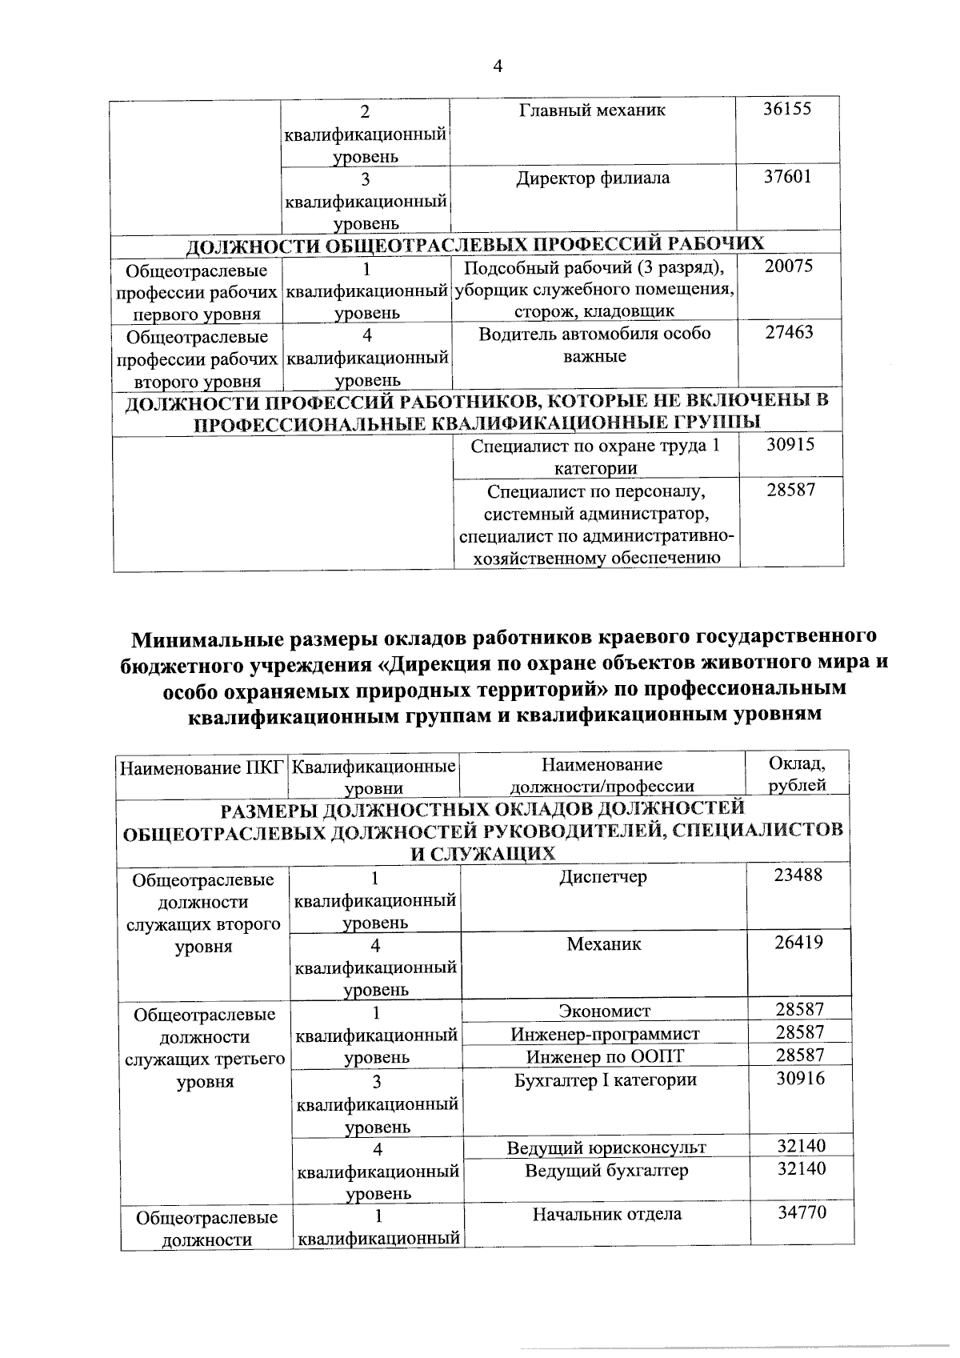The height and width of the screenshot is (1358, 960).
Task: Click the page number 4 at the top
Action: pyautogui.click(x=497, y=67)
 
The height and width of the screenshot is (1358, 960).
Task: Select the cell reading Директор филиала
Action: pyautogui.click(x=593, y=178)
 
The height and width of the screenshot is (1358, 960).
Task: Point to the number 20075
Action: pyautogui.click(x=789, y=266)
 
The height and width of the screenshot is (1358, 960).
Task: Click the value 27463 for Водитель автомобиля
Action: pyautogui.click(x=790, y=333)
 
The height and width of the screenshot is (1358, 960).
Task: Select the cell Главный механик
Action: pyautogui.click(x=592, y=110)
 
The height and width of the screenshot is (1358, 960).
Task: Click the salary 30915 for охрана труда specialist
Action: pyautogui.click(x=790, y=446)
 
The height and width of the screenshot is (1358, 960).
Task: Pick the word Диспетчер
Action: pyautogui.click(x=603, y=877)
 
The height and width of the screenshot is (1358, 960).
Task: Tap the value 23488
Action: pyautogui.click(x=798, y=875)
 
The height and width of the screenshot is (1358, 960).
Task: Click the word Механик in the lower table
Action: pyautogui.click(x=604, y=944)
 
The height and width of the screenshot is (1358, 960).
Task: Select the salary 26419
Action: pyautogui.click(x=798, y=943)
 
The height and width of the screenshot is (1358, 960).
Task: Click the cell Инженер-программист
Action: pyautogui.click(x=605, y=1035)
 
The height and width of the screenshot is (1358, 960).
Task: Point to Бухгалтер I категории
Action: pyautogui.click(x=605, y=1080)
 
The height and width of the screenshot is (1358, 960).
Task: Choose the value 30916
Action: pyautogui.click(x=800, y=1079)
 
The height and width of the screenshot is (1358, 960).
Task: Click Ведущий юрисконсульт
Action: pyautogui.click(x=606, y=1148)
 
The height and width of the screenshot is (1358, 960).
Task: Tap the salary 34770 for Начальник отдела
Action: pyautogui.click(x=802, y=1213)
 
